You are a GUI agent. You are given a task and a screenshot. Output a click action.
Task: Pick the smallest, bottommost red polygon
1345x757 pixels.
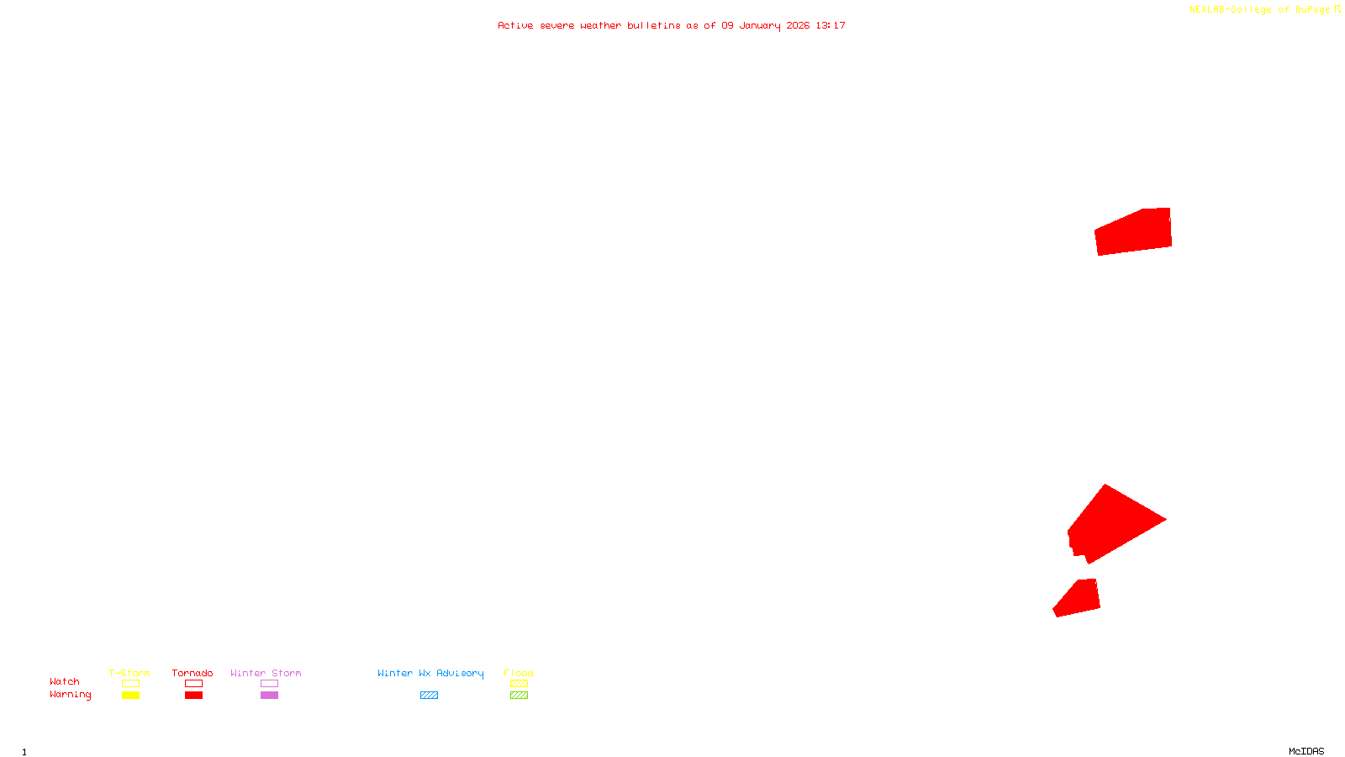(1079, 598)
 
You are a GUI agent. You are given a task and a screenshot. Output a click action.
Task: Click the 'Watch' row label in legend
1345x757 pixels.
(65, 682)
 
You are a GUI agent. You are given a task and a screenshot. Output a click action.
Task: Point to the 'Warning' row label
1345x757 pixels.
(71, 695)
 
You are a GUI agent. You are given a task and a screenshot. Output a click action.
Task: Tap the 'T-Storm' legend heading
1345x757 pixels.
(129, 673)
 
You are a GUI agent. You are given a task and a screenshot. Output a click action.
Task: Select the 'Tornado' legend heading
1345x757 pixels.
(193, 673)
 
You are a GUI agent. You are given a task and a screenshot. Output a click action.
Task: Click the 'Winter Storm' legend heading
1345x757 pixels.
(266, 673)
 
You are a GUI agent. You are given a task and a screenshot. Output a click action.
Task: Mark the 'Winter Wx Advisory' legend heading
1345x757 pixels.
(430, 673)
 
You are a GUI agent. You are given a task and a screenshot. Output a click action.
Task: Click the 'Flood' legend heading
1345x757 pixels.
(519, 673)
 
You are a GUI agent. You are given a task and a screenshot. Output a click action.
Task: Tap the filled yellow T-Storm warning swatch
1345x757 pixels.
(130, 696)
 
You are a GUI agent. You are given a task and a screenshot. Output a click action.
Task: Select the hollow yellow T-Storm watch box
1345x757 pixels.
(130, 684)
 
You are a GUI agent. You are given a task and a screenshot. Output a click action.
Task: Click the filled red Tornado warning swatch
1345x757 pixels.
(194, 696)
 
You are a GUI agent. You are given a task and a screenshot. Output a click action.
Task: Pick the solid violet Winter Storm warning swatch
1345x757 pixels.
(269, 696)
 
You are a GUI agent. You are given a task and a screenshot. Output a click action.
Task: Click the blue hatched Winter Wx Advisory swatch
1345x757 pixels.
(429, 696)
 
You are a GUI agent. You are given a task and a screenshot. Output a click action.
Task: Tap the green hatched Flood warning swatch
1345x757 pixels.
(519, 696)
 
